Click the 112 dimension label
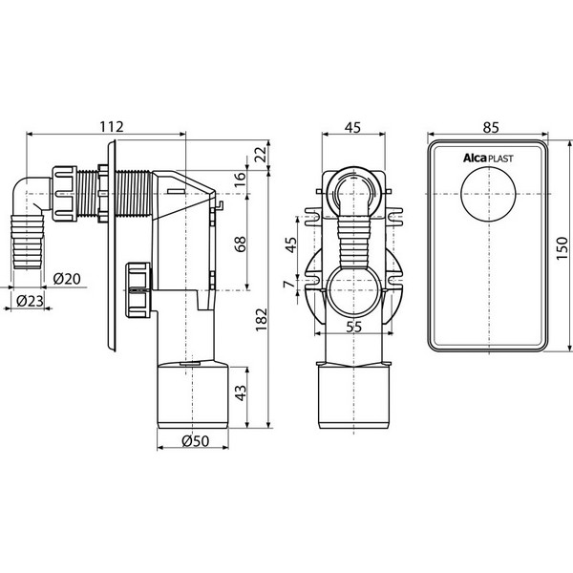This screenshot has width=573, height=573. [x=112, y=127]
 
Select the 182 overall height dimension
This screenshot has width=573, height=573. [x=262, y=320]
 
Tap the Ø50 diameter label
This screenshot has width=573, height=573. [x=196, y=441]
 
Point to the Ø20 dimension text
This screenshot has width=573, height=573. [x=67, y=279]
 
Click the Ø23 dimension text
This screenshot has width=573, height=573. [x=30, y=301]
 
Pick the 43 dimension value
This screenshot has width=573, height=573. [x=241, y=393]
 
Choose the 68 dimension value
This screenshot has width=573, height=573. [x=241, y=244]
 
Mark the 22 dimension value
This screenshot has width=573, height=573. [x=261, y=155]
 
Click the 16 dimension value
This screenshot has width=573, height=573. [x=241, y=180]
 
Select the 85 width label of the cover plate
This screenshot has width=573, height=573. [x=491, y=128]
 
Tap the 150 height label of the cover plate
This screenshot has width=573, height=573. [x=562, y=248]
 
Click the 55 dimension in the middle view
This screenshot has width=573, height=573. [x=353, y=327]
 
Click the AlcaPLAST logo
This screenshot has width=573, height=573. [x=488, y=158]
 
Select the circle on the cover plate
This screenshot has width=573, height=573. [x=488, y=193]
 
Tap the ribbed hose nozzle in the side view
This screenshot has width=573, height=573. [x=28, y=242]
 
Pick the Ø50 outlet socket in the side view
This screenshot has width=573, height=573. [x=193, y=394]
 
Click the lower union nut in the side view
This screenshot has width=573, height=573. [x=138, y=289]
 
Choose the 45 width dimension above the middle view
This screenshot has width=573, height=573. [x=353, y=127]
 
